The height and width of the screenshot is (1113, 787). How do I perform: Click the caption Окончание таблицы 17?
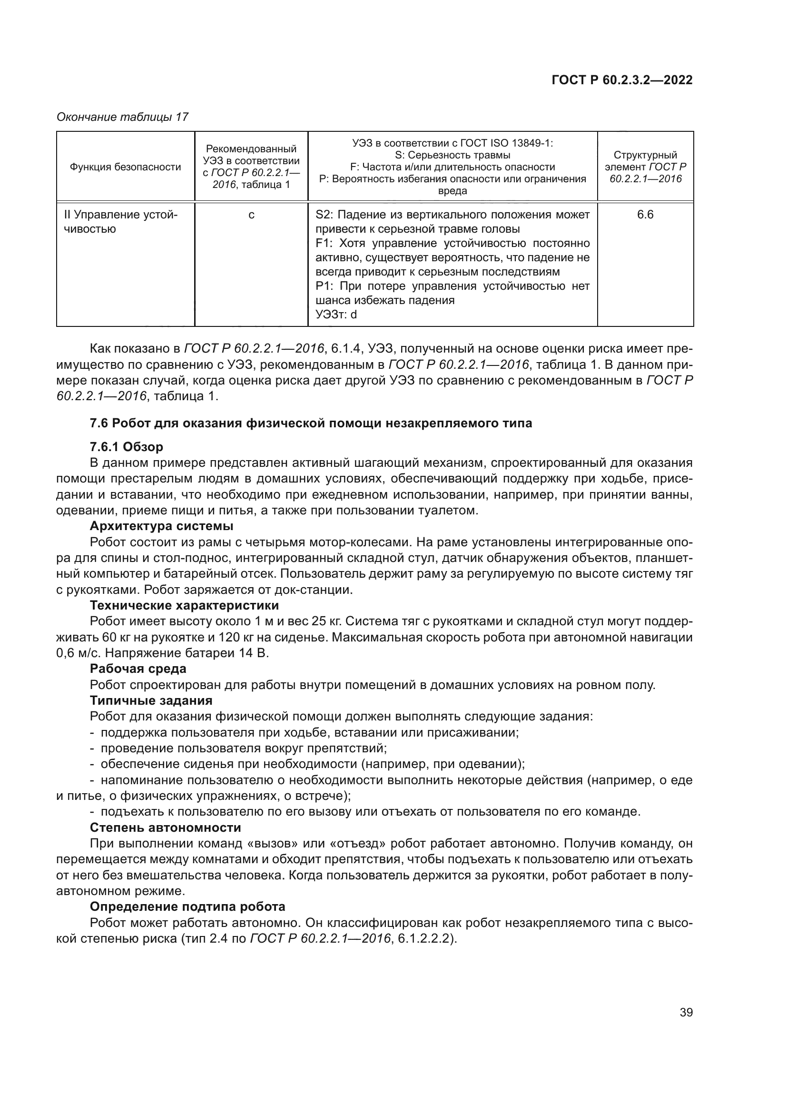[122, 117]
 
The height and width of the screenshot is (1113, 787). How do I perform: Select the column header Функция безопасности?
[125, 167]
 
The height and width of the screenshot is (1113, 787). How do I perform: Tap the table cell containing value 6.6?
[645, 215]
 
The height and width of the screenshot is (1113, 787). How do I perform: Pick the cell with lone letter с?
[251, 215]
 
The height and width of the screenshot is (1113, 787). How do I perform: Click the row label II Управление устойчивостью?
[121, 222]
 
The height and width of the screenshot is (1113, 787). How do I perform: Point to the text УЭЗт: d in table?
[336, 315]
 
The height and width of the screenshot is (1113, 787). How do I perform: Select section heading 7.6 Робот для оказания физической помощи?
[311, 423]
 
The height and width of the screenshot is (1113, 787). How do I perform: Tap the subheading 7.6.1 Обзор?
[127, 446]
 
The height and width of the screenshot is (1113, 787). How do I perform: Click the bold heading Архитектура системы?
[162, 526]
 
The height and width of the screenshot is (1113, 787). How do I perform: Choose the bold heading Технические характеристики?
[184, 605]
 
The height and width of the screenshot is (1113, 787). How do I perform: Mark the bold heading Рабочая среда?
[138, 669]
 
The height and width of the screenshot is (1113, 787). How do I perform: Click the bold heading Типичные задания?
[151, 700]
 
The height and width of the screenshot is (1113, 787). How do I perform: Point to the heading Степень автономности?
[165, 827]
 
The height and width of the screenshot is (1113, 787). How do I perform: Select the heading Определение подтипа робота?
[187, 906]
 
